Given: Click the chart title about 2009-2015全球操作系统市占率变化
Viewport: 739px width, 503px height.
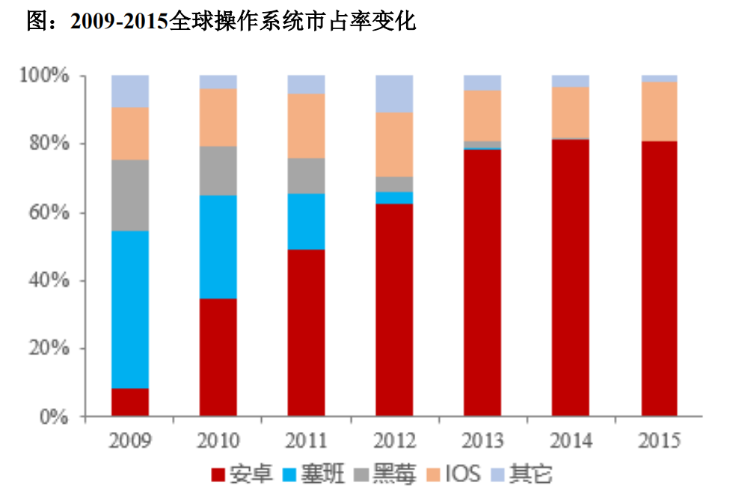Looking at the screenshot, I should pos(221,22).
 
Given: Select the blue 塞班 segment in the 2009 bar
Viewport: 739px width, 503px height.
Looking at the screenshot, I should pos(130,309).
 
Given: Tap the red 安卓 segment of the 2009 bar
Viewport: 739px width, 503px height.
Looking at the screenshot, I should pos(130,402).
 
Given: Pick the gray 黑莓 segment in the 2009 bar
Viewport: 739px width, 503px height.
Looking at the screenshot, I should pos(130,195).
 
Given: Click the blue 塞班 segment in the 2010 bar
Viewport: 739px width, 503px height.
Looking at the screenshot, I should pos(218,247).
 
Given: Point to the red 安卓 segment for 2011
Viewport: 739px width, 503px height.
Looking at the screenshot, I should pos(307,333).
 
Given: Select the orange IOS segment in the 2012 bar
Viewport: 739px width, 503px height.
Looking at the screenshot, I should pos(394,144).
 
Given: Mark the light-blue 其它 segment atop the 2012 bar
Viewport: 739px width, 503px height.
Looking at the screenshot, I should pos(394,93).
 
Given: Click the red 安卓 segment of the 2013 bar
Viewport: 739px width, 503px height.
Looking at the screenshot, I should pos(482,283).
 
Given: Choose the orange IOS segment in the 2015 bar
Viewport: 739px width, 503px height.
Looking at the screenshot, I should pos(659,111).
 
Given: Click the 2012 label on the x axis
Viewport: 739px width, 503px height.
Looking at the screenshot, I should pos(394,440).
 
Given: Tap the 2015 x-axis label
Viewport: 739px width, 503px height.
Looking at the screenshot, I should pos(659,440).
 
